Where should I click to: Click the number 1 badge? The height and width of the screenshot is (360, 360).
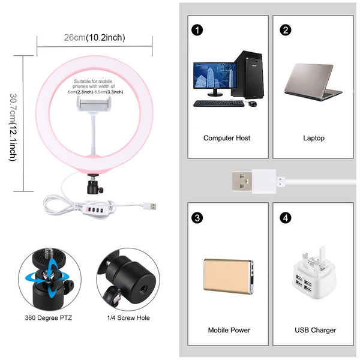point(196,29)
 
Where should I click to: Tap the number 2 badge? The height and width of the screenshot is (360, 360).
point(286,29)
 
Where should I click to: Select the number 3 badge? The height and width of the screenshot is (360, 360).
point(196,217)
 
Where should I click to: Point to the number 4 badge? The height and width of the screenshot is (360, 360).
point(286,217)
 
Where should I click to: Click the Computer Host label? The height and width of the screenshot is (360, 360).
point(227,138)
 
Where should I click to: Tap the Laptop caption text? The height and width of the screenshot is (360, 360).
point(313,138)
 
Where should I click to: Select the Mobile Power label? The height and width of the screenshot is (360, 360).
point(229,330)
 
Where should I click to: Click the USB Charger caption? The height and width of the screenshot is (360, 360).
point(315,330)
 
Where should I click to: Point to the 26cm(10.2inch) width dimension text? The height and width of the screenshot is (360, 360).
point(95,38)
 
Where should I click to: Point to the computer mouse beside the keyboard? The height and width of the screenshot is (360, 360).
point(253,104)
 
